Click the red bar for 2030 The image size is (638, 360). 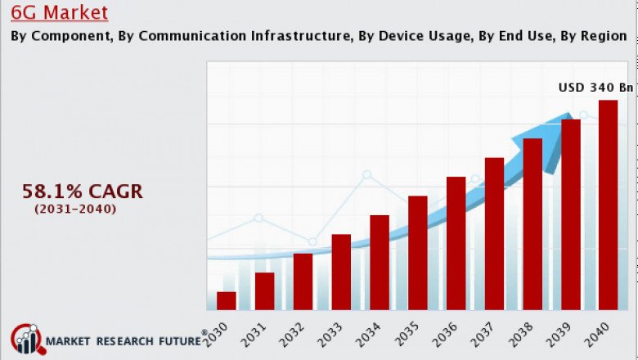[227, 300]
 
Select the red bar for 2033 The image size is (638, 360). [341, 272]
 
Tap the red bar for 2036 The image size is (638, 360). [456, 243]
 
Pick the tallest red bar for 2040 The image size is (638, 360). [608, 205]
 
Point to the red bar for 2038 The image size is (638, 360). [532, 223]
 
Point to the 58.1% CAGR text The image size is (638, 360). [82, 191]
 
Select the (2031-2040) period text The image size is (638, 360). [75, 209]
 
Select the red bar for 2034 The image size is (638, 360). [380, 262]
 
